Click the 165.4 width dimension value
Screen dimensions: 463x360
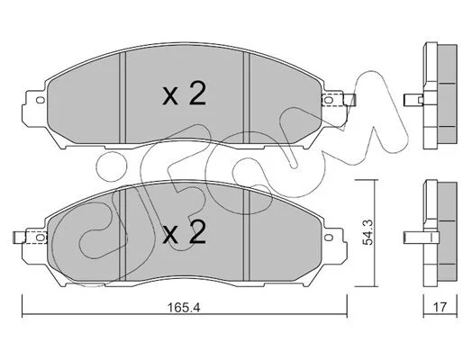(184, 308)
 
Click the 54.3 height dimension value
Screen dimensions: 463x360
(368, 232)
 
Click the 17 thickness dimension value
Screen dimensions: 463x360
(440, 307)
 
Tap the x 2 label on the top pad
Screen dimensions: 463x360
(184, 94)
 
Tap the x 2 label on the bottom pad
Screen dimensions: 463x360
(184, 232)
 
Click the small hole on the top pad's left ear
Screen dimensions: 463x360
(40, 100)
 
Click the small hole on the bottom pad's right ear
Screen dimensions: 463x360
(329, 238)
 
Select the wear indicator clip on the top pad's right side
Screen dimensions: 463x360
(339, 100)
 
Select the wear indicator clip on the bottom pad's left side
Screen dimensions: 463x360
(31, 238)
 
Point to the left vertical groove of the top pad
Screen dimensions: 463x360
(123, 97)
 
